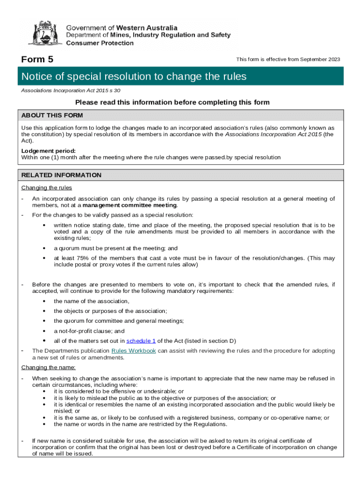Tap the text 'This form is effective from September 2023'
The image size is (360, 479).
pyautogui.click(x=288, y=59)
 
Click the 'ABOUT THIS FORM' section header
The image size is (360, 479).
pyautogui.click(x=52, y=116)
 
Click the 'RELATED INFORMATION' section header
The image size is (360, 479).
pyautogui.click(x=61, y=175)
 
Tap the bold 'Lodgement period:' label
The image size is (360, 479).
pyautogui.click(x=48, y=151)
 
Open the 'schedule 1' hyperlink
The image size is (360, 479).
pyautogui.click(x=141, y=341)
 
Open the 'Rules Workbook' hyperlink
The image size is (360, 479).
pyautogui.click(x=133, y=351)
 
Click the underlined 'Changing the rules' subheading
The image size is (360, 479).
pyautogui.click(x=47, y=188)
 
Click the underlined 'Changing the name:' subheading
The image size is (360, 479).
pyautogui.click(x=48, y=367)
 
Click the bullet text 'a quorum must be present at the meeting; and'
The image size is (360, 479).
pyautogui.click(x=115, y=248)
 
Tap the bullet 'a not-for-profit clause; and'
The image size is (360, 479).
pyautogui.click(x=89, y=331)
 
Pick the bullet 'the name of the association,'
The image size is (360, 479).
pyautogui.click(x=91, y=301)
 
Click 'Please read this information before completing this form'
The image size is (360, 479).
pyautogui.click(x=173, y=102)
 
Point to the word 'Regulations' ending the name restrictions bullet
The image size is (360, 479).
pyautogui.click(x=209, y=424)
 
